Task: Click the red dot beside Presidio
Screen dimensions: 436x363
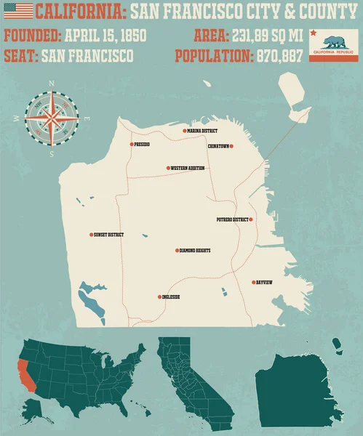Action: click(132, 145)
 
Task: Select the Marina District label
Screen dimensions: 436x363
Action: click(203, 131)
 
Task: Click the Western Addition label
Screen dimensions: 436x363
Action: click(188, 168)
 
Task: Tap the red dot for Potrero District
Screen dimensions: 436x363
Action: click(251, 219)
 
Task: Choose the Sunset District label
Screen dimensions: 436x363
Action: click(110, 235)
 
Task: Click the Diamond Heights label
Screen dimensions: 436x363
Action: click(196, 251)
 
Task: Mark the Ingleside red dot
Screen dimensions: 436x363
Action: click(159, 297)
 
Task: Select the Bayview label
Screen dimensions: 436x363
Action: click(265, 282)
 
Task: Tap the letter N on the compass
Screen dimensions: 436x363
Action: click(52, 83)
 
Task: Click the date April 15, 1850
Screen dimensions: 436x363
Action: click(105, 35)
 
